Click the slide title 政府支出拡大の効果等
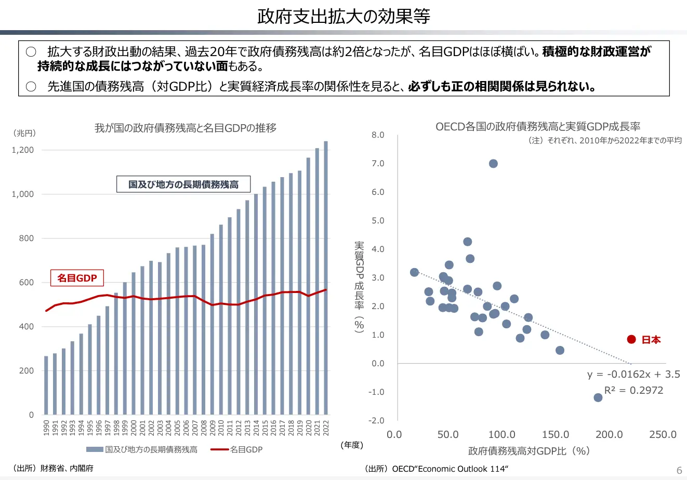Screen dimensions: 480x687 click(x=343, y=16)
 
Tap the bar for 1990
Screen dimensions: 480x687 click(x=46, y=385)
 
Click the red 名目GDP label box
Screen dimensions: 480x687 click(x=77, y=278)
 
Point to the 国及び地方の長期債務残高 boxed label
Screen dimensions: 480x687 click(x=183, y=184)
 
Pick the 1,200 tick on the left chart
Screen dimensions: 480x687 click(x=22, y=150)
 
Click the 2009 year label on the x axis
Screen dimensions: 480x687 click(x=212, y=428)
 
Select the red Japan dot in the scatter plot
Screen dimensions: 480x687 click(x=631, y=339)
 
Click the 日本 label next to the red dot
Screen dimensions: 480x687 click(x=651, y=340)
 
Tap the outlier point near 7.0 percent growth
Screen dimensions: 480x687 click(x=493, y=164)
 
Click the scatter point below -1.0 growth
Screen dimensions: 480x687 click(x=598, y=397)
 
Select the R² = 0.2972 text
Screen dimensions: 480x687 click(x=633, y=390)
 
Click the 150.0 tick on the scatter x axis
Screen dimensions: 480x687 click(x=556, y=434)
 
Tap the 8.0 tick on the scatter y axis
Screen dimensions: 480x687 click(x=378, y=135)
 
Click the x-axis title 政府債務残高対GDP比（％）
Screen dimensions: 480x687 click(x=529, y=451)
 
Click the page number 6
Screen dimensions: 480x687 click(x=679, y=470)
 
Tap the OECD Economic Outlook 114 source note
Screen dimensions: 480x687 click(x=437, y=469)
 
